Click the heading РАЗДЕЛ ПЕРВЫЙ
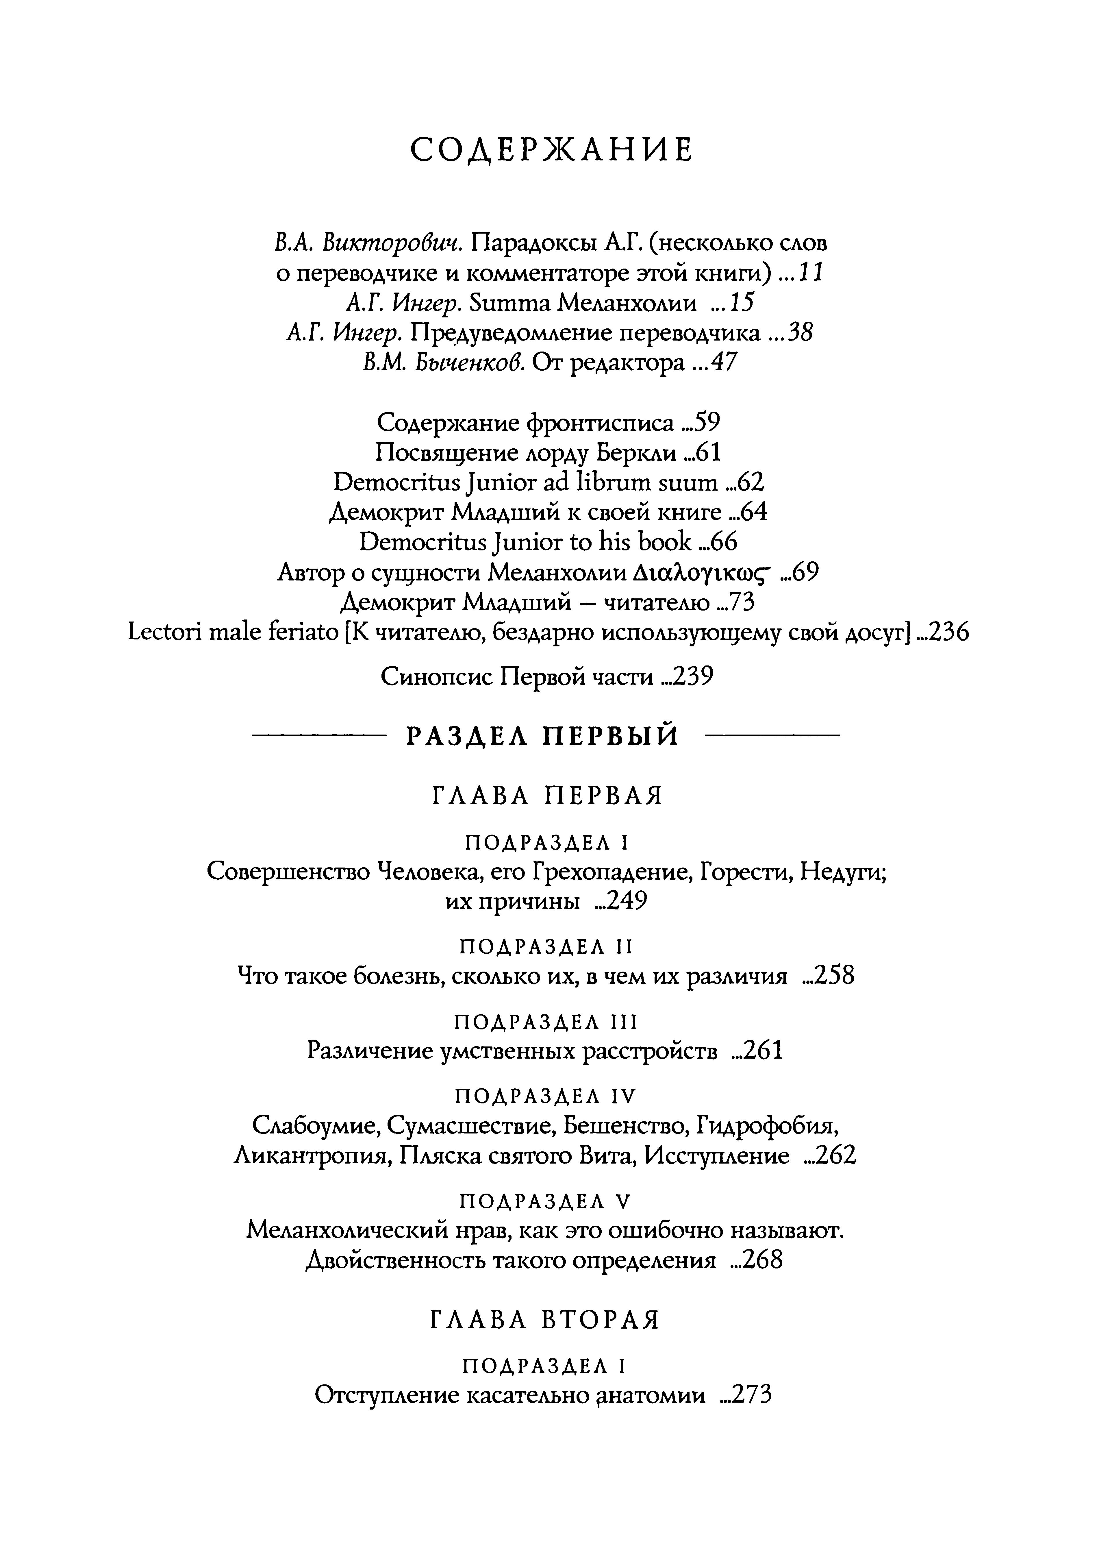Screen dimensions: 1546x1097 click(542, 736)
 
